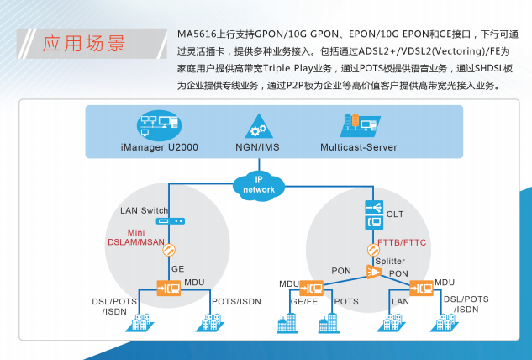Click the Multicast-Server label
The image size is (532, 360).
tap(359, 147)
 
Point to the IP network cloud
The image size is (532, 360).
tap(259, 184)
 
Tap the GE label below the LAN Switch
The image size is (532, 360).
tap(177, 268)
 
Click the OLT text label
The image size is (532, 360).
tap(394, 214)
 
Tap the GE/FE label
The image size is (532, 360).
tap(303, 301)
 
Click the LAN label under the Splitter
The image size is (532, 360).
tap(400, 301)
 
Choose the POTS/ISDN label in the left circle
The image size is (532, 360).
tap(236, 301)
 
